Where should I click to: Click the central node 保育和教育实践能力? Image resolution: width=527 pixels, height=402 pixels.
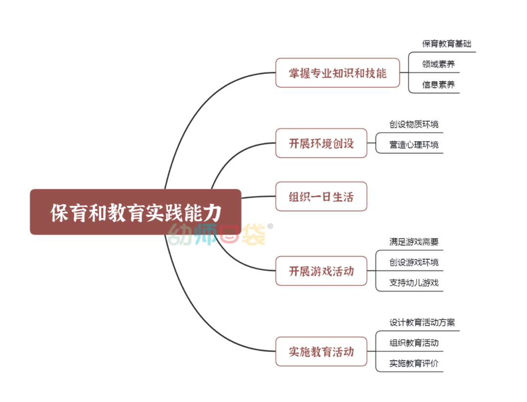coord(136,212)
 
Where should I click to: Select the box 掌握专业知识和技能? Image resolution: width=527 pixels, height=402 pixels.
coord(337,73)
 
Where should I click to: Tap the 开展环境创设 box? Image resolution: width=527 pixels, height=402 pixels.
coord(321,144)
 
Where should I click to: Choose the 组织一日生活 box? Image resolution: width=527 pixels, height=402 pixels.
coord(321,197)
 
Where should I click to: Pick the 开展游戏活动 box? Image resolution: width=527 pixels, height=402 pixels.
coord(321,271)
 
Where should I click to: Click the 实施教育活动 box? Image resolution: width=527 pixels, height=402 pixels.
coord(321,351)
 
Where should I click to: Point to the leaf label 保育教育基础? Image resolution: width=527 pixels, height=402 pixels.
coord(446,43)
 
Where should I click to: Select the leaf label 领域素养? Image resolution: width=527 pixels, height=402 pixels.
coord(438,64)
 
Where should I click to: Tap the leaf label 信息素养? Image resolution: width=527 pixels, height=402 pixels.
coord(438,85)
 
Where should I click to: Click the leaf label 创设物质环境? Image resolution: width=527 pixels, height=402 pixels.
coord(414,124)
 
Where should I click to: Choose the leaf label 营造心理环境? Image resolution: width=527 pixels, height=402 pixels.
coord(414,145)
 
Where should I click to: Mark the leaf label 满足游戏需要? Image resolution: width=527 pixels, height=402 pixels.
coord(414,241)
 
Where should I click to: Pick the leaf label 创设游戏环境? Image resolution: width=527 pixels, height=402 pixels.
coord(414,262)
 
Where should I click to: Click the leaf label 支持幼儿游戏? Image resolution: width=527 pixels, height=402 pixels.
coord(414,282)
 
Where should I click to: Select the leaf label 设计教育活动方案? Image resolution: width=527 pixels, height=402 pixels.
coord(422,322)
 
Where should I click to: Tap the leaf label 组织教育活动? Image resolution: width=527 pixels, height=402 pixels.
coord(414,343)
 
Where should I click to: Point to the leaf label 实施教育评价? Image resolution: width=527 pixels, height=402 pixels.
coord(414,363)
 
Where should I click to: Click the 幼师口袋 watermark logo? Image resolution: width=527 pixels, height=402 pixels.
coord(217,234)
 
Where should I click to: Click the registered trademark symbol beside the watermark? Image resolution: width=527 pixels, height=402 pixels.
coord(270,226)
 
